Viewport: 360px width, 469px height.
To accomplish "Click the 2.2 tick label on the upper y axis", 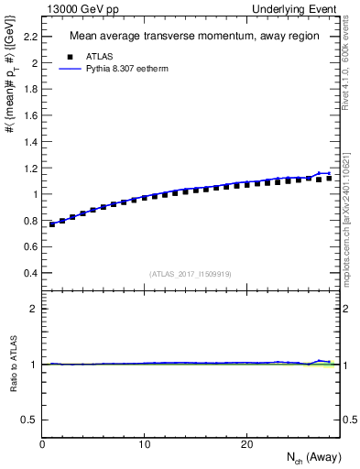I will pos(29,37).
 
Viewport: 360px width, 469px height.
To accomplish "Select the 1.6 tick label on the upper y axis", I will pos(29,115).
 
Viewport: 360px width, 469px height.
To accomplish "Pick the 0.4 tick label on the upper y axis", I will pos(29,273).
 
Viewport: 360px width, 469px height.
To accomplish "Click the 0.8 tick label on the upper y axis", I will pos(29,221).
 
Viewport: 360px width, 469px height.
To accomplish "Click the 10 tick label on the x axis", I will pos(145,444).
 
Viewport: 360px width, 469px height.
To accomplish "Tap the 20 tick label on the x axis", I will pos(246,444).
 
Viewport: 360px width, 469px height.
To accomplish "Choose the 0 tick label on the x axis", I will pos(43,444).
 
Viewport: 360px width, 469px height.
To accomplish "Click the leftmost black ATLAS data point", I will pos(53,224).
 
